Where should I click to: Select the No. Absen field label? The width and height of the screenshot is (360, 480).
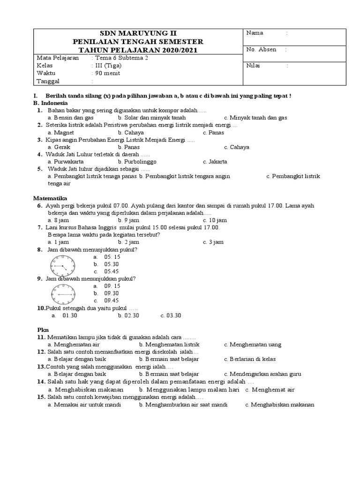[261, 50]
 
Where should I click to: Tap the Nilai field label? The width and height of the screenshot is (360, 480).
[253, 66]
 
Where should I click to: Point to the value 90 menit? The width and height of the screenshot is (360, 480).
[107, 73]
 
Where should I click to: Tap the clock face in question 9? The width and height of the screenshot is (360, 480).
[62, 294]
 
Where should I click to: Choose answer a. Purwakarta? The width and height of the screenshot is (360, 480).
[67, 162]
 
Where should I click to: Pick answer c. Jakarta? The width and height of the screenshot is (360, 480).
[215, 162]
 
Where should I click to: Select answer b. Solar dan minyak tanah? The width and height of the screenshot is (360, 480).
[149, 118]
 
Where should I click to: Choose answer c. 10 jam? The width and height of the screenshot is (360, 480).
[215, 220]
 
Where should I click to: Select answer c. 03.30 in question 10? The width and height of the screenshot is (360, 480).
[171, 315]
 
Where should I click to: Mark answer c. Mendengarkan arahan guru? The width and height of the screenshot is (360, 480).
[262, 374]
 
